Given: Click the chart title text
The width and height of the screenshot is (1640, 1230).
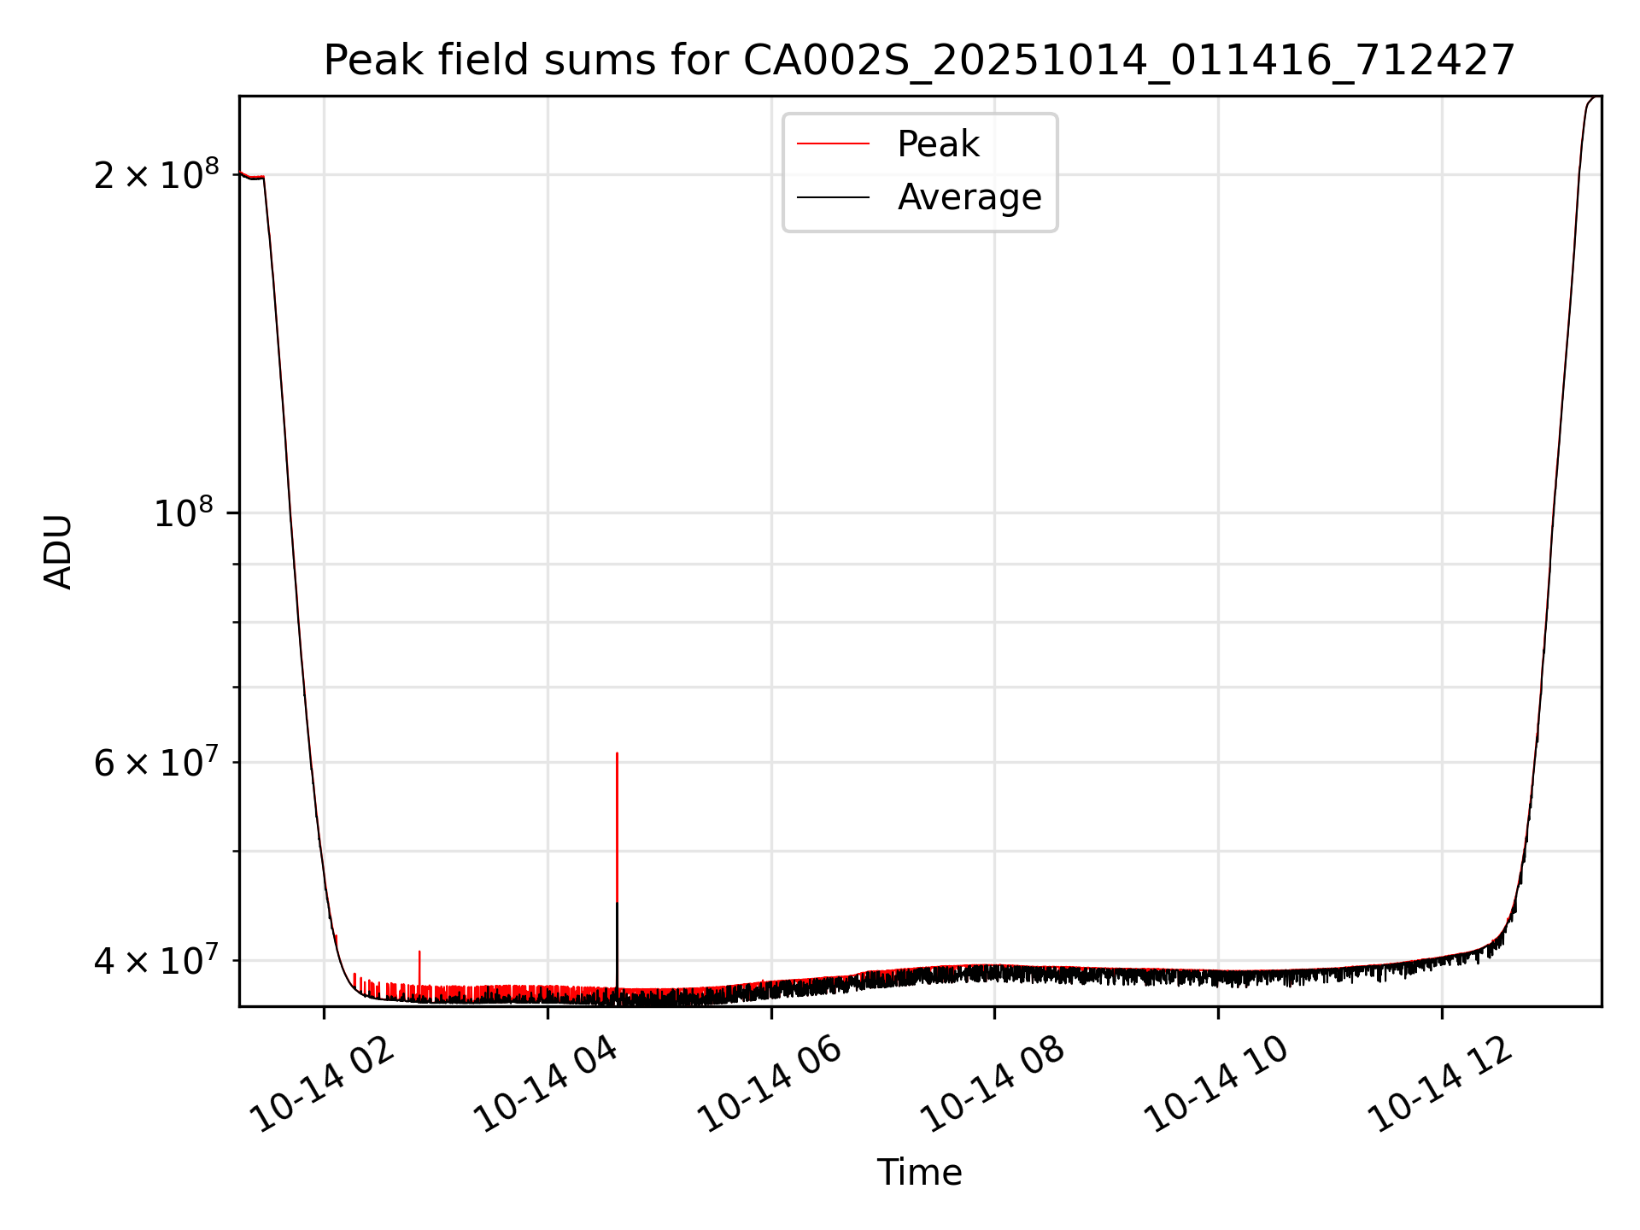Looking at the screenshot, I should pos(919,61).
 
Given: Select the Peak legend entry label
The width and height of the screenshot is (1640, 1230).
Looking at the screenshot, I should pos(938,144).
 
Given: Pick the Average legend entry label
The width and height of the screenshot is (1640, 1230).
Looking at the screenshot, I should pos(969,197).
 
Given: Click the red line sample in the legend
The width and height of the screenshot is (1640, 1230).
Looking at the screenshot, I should pos(833,144).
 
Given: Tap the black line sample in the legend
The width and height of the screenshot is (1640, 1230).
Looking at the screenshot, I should pos(833,197).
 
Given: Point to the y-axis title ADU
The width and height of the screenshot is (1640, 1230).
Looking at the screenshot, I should pos(58,551).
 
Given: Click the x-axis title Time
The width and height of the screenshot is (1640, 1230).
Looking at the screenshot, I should pos(919,1173).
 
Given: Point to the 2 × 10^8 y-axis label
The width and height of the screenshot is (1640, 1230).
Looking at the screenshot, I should pos(156,175).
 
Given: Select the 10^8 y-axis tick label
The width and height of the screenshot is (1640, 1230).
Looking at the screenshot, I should pos(186,513).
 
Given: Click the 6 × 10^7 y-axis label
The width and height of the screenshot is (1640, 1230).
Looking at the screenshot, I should pos(156,763).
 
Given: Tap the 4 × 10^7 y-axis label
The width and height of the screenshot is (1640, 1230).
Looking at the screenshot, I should pos(156,961).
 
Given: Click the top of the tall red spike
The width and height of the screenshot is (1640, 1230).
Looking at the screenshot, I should pos(617,754).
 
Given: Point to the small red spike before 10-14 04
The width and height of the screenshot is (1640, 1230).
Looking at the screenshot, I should pos(419,952).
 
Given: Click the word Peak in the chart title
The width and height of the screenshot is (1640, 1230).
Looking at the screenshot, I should pos(372,61).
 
